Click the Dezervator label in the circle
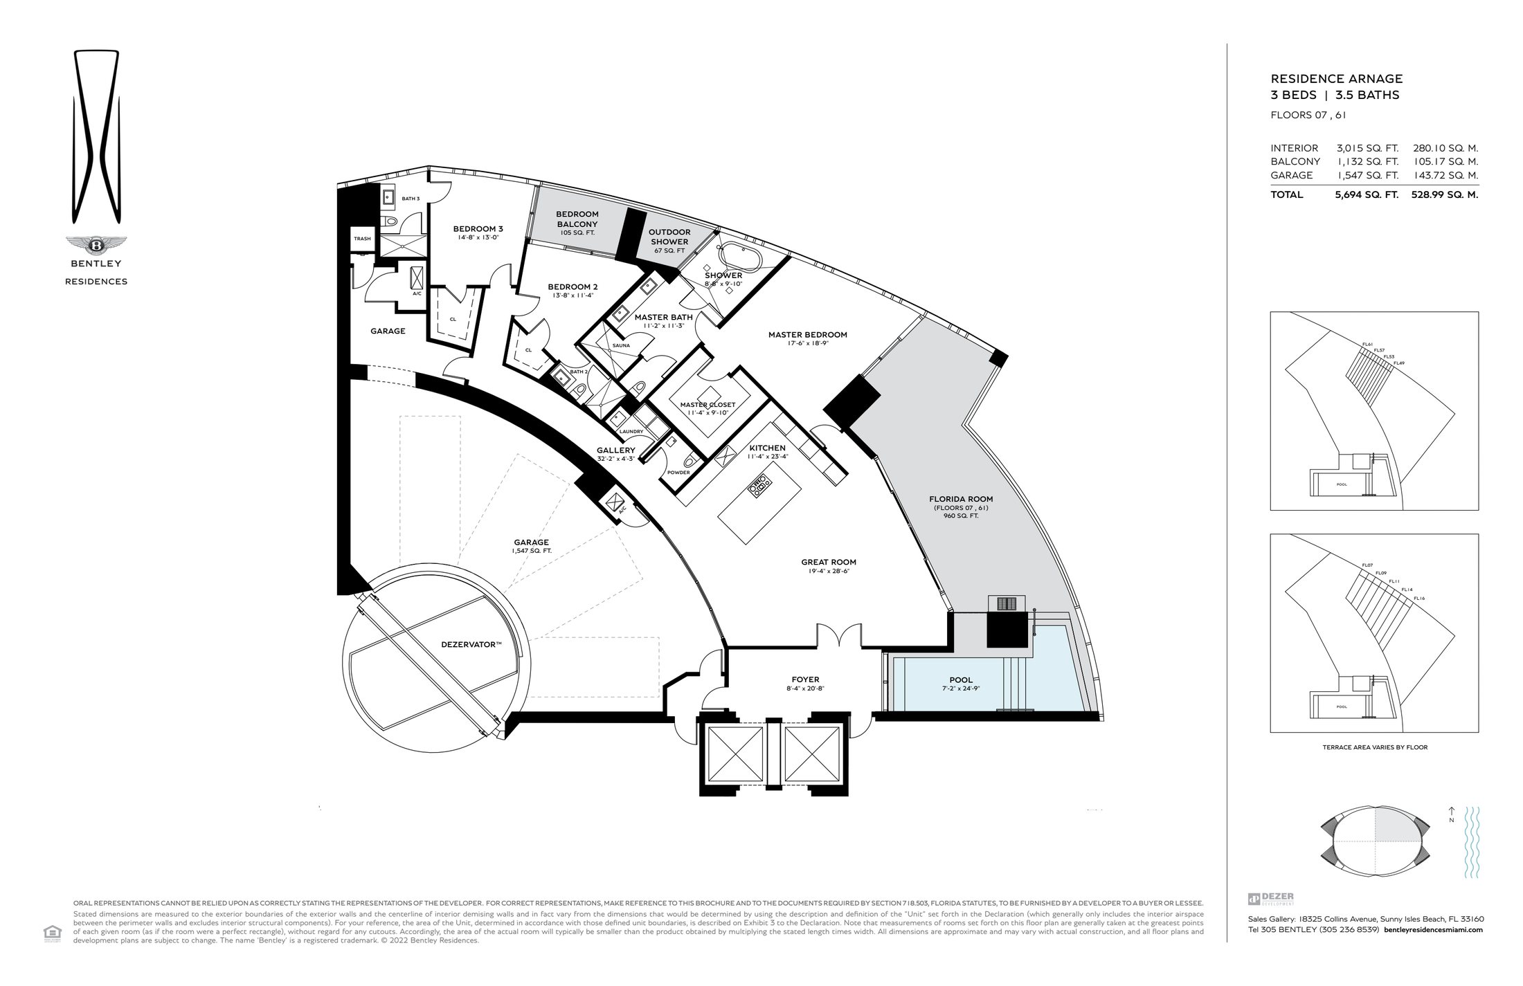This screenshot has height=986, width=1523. [x=471, y=644]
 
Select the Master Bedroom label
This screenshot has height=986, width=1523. [x=807, y=335]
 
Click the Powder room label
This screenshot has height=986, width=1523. [x=678, y=473]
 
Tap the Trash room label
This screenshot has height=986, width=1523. [x=362, y=239]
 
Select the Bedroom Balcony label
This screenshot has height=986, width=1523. [x=577, y=219]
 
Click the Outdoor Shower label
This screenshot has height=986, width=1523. [x=669, y=237]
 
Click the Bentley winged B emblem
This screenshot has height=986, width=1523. [x=96, y=245]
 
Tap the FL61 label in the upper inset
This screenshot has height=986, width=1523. [x=1367, y=344]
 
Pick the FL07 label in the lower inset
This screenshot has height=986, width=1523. [x=1367, y=565]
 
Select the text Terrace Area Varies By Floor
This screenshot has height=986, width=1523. [x=1374, y=747]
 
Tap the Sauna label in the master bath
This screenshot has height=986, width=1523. [x=620, y=345]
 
